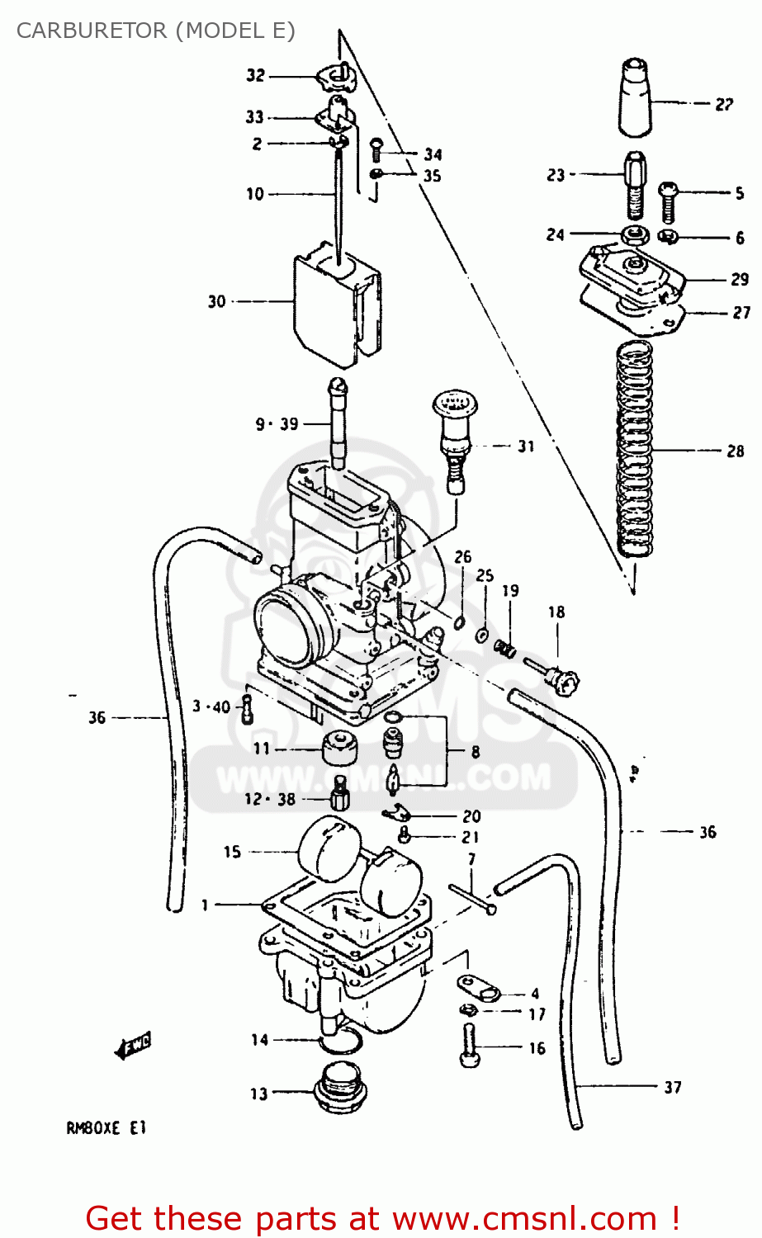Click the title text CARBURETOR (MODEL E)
click(155, 31)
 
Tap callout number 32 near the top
click(255, 76)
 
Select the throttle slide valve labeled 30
click(335, 305)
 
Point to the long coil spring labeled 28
click(636, 450)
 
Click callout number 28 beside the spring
click(735, 451)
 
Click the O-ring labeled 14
click(340, 1043)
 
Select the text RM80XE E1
click(106, 1128)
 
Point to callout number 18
click(556, 612)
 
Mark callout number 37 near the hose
click(673, 1088)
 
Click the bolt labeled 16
click(469, 1046)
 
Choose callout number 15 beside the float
click(232, 851)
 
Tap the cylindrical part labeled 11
click(338, 749)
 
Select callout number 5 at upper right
click(739, 193)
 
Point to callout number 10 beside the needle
click(255, 194)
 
